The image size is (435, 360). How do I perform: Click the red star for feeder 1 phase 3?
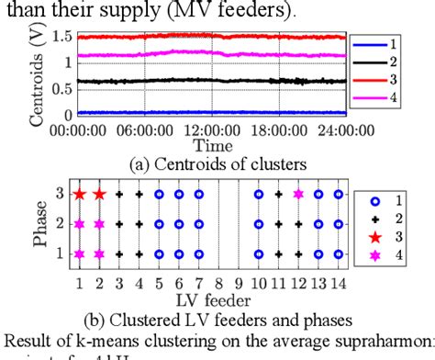(80, 195)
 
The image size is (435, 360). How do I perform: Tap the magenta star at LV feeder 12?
(298, 195)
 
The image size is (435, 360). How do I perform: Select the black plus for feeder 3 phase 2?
(119, 224)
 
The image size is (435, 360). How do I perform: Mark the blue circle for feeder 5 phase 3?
(160, 195)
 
